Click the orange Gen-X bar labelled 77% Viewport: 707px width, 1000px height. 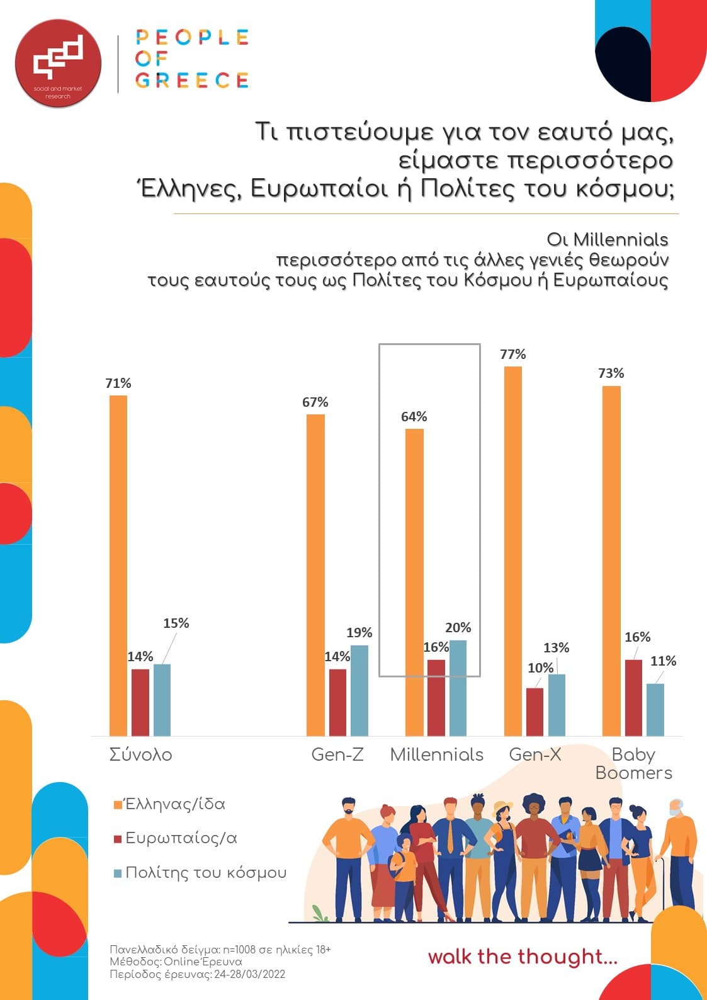[513, 551]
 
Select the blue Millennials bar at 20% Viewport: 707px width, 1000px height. [458, 688]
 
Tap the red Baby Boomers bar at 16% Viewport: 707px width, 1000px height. [633, 698]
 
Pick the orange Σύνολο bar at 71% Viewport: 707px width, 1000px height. [118, 565]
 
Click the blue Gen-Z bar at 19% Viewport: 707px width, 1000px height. [359, 690]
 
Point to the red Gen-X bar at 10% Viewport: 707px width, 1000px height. [534, 712]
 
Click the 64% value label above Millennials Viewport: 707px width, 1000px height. [414, 417]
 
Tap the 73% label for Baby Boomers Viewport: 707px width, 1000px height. [611, 373]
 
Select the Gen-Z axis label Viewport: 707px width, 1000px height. [337, 754]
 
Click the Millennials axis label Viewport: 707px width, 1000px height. [436, 754]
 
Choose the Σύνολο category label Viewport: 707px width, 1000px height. [140, 754]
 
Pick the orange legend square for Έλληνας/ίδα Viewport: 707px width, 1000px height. [117, 805]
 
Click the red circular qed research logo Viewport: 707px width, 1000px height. [58, 63]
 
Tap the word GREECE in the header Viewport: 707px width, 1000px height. [192, 81]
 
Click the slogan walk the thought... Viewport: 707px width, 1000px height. [522, 957]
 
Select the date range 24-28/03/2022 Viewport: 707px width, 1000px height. [249, 975]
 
